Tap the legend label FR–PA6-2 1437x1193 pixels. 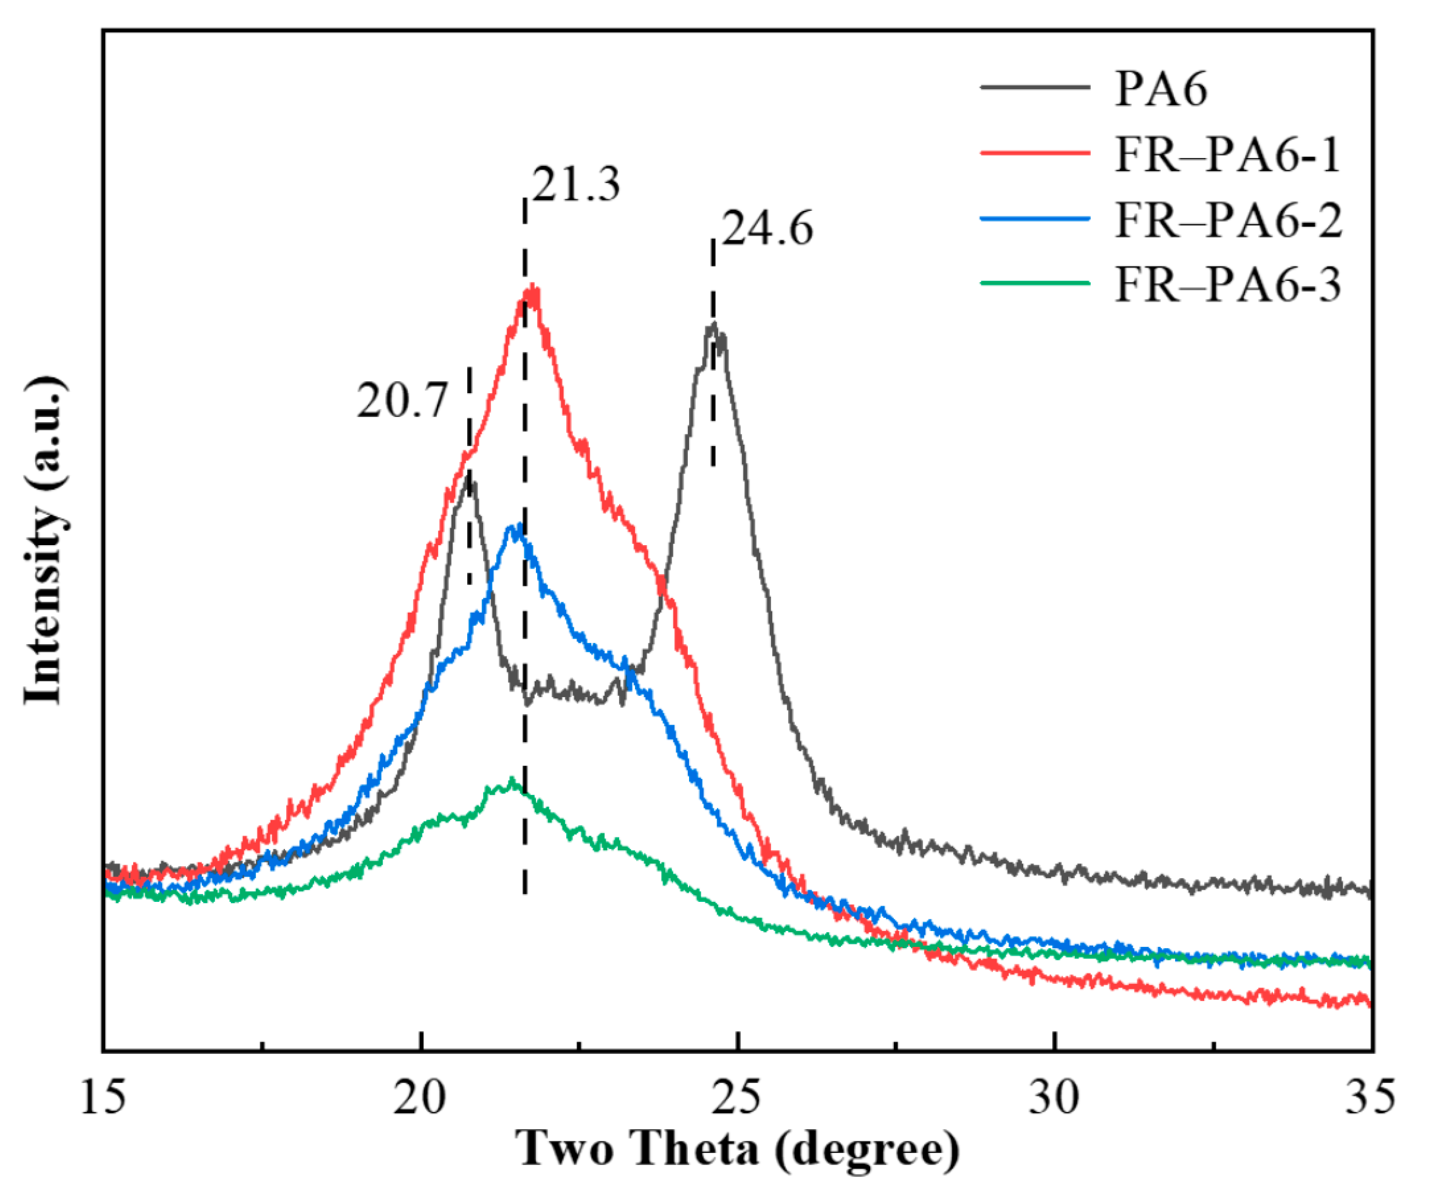point(1229,220)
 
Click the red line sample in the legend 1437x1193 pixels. point(1035,153)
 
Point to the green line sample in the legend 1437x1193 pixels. point(1035,282)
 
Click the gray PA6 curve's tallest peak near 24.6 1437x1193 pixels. point(714,325)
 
